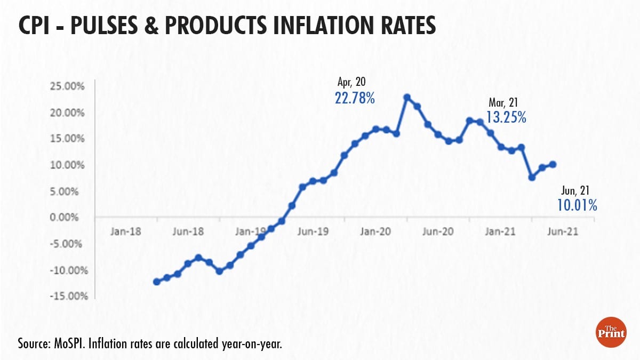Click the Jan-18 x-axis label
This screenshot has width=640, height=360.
point(126,232)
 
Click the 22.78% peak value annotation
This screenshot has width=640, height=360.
point(355,98)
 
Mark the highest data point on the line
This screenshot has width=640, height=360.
point(407,98)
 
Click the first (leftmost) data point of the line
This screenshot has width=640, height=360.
point(157,282)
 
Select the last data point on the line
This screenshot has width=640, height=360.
point(553,164)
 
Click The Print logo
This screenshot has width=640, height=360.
point(610,334)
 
